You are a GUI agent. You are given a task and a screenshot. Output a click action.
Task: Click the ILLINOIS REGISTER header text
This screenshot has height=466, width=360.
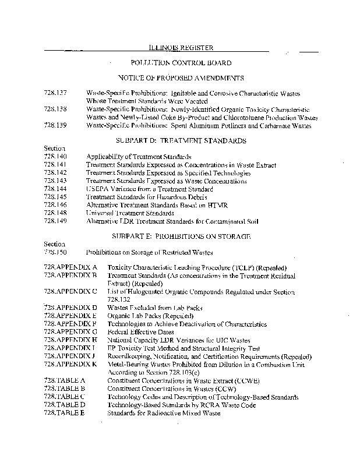tap(181, 48)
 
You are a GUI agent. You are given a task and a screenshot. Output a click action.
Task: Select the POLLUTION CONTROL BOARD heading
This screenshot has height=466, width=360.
tap(181, 63)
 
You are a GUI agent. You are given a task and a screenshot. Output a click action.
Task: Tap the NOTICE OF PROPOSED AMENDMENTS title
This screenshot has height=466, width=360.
tap(181, 78)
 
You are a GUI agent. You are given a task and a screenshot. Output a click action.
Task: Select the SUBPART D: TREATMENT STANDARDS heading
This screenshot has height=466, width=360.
tap(181, 141)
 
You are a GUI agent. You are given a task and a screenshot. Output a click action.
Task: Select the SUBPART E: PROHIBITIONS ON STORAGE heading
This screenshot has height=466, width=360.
tap(181, 236)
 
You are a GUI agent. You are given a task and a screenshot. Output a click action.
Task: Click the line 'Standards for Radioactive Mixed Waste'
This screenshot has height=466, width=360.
tap(164, 413)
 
